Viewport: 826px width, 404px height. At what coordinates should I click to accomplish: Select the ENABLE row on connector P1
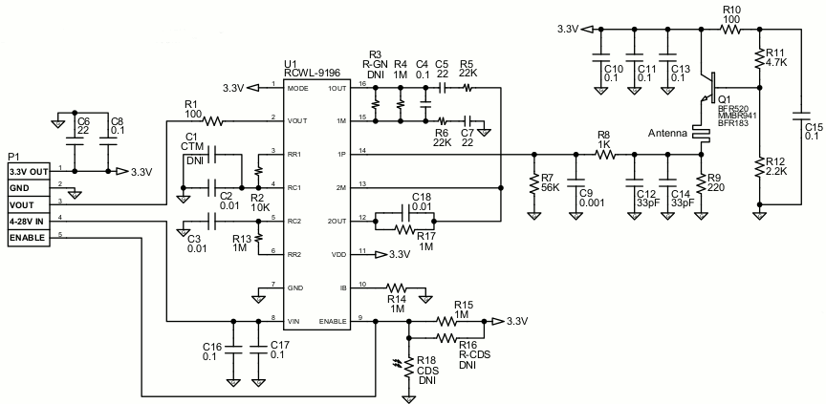pos(30,238)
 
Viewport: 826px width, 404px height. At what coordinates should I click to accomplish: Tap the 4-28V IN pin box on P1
pos(30,222)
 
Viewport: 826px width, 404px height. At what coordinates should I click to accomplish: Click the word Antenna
pos(668,134)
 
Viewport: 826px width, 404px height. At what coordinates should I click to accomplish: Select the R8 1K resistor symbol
pos(605,155)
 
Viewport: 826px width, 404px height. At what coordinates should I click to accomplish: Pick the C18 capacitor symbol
pos(404,213)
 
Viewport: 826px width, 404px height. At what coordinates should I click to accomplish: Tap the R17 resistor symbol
pos(404,229)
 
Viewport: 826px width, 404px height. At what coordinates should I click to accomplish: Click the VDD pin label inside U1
pos(337,255)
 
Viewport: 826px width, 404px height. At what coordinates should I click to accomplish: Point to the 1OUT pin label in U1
pos(337,88)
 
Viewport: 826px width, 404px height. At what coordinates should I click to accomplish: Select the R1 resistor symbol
pos(213,121)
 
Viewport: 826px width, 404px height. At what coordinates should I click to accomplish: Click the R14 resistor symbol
pos(396,288)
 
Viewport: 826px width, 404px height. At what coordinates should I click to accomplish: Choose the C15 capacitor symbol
pos(800,116)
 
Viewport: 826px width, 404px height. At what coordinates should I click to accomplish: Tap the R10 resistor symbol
pos(730,30)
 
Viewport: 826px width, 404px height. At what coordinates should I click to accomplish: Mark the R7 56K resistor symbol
pos(534,184)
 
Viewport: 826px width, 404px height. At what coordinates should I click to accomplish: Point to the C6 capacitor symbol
pos(74,142)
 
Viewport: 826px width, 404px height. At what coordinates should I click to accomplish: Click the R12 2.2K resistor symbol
pos(758,168)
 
